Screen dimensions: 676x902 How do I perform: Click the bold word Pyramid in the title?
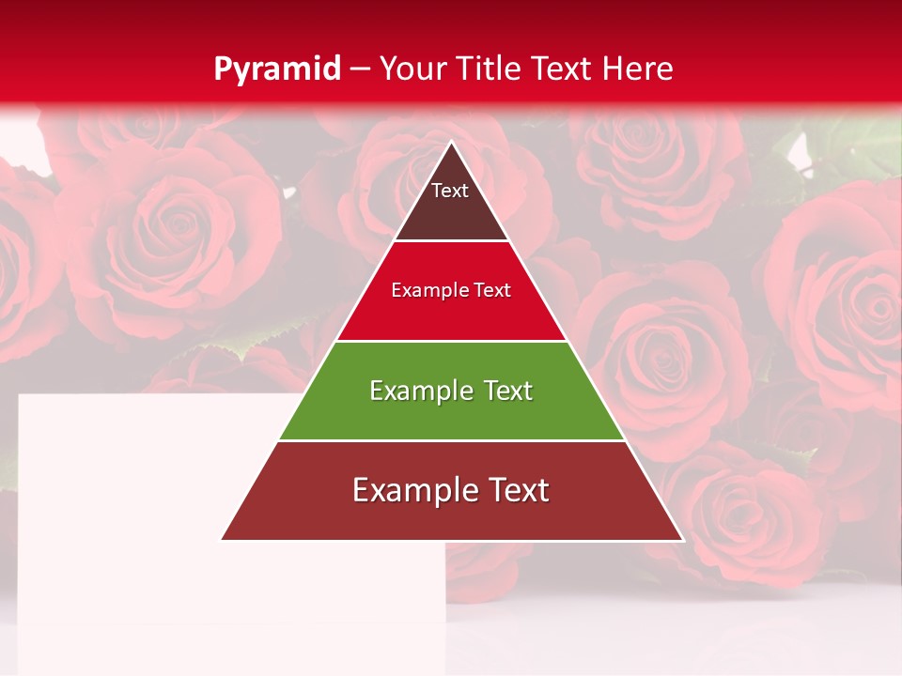pos(277,69)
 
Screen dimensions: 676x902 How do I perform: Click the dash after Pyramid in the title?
pos(359,69)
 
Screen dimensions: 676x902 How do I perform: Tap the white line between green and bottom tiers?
pos(451,440)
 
